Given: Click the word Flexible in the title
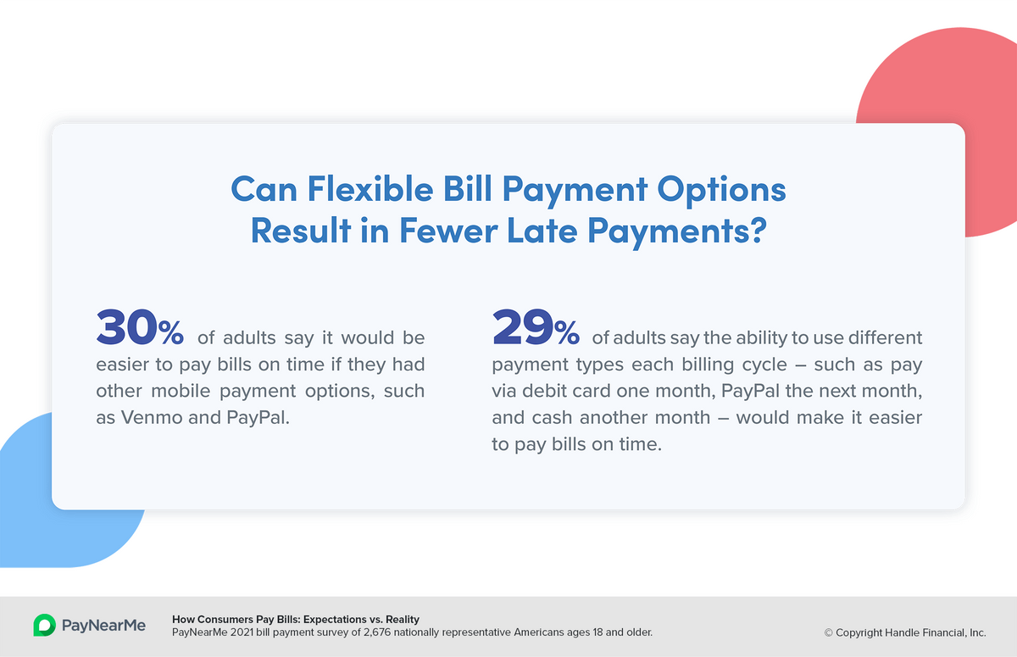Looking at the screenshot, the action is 370,188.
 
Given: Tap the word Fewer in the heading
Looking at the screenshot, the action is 448,231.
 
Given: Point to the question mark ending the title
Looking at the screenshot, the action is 759,230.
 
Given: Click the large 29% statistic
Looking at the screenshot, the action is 536,327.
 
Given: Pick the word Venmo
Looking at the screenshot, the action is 152,418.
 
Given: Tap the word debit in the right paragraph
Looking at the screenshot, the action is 544,391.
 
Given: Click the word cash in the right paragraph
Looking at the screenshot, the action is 553,418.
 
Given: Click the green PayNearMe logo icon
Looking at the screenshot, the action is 44,626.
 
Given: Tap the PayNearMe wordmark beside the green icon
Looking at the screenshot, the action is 103,626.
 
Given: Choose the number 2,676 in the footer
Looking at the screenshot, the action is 376,632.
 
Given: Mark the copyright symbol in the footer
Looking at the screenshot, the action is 829,633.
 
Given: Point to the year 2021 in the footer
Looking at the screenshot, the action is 242,632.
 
